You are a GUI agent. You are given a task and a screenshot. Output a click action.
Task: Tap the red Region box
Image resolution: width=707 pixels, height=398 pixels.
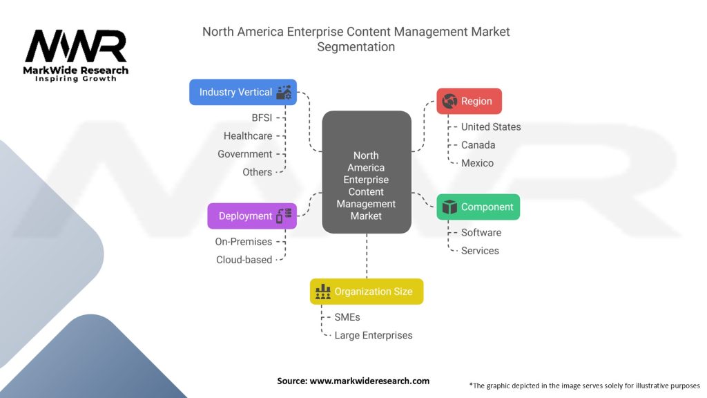click(x=469, y=101)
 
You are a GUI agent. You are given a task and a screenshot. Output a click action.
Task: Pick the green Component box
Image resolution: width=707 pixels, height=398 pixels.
click(x=478, y=207)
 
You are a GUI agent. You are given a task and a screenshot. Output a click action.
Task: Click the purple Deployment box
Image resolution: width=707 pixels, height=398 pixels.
click(x=252, y=216)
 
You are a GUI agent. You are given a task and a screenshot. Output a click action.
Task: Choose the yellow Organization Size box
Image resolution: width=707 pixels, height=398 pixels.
click(x=366, y=292)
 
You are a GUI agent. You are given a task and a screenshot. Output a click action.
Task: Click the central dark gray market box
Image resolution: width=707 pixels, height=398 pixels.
click(x=366, y=172)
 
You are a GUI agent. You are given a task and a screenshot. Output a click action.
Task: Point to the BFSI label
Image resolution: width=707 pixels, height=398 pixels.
click(x=262, y=117)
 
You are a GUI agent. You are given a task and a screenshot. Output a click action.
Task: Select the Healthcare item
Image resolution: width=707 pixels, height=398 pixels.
click(x=248, y=136)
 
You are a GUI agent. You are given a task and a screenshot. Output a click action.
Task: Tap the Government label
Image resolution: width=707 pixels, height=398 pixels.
click(x=245, y=154)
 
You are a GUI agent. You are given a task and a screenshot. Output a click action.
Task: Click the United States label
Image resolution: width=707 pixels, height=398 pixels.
click(x=491, y=127)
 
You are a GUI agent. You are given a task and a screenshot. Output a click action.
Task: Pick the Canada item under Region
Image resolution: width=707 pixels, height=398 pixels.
click(x=478, y=145)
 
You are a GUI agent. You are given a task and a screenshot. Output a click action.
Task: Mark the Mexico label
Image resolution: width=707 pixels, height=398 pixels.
click(x=477, y=163)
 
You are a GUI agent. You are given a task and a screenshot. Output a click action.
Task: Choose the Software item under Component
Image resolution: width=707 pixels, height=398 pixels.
click(x=481, y=233)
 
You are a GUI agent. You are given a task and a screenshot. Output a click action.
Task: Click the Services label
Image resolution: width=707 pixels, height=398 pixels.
click(x=480, y=251)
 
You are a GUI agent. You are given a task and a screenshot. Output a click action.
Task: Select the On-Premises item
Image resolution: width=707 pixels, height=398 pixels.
click(x=244, y=242)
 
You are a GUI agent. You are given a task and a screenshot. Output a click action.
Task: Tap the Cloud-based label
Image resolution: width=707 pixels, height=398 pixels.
click(x=244, y=260)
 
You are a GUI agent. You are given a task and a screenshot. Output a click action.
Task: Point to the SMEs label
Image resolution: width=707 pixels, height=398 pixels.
click(x=347, y=317)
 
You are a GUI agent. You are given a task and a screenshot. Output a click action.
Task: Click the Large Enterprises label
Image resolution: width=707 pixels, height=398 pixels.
click(x=374, y=335)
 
